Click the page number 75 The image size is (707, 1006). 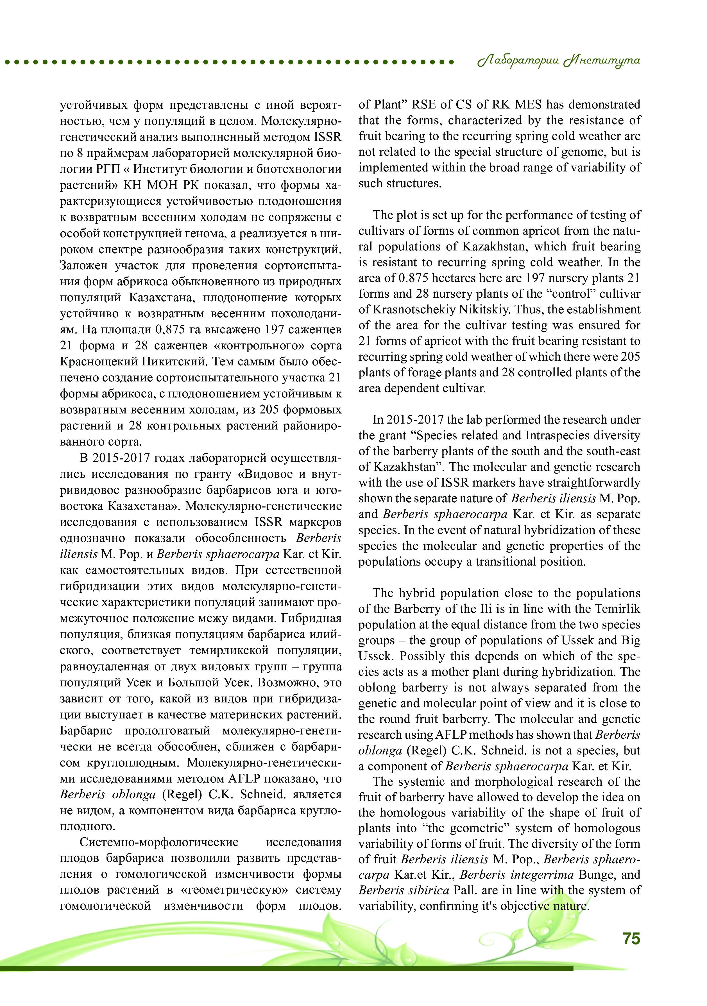click(631, 939)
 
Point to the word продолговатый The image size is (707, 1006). click(167, 731)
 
